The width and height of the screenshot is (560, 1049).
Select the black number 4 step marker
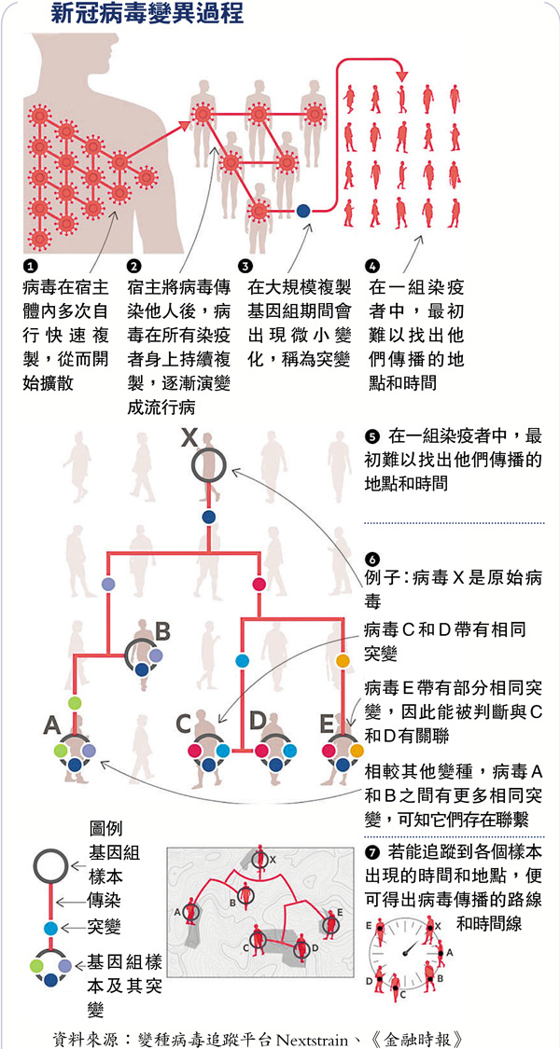(x=373, y=266)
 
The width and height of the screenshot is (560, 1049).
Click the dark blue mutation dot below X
(x=209, y=516)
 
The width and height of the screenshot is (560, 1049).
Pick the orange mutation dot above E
(x=343, y=661)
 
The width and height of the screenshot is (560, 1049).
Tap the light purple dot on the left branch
(x=109, y=584)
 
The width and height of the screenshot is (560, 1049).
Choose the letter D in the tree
(x=258, y=721)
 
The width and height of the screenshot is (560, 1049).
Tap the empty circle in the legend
(x=49, y=864)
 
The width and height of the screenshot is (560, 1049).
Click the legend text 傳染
(x=105, y=903)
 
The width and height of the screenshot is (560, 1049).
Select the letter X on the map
(x=273, y=859)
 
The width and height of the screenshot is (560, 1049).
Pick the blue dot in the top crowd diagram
(x=302, y=211)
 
